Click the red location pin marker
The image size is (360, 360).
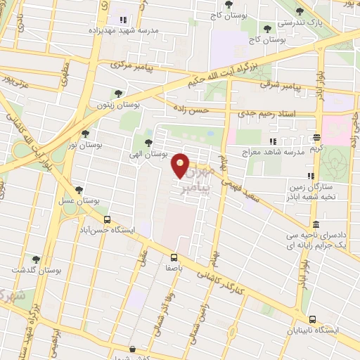(x=181, y=166)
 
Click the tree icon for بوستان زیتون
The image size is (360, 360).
(x=117, y=93)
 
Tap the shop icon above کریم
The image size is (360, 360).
(x=316, y=139)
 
